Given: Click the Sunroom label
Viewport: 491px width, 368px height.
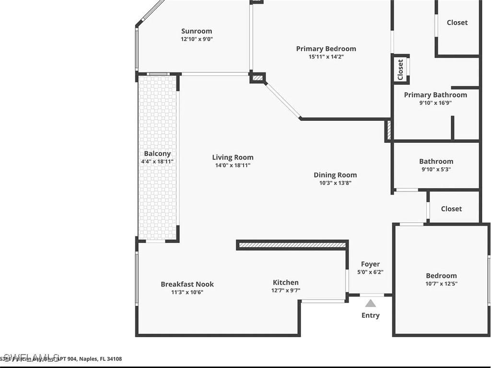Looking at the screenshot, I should (197, 32).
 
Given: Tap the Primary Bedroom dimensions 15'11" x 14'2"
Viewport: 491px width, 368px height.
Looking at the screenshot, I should (326, 57).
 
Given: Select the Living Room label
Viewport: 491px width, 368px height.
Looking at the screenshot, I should (233, 157).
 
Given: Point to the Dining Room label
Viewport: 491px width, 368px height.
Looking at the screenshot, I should (335, 175).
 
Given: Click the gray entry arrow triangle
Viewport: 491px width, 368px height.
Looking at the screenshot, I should (371, 303).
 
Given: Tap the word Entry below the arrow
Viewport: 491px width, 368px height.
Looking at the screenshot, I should (371, 315).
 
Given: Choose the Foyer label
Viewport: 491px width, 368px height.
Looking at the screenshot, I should (370, 264).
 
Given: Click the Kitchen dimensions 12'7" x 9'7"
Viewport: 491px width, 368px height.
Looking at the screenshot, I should (286, 290).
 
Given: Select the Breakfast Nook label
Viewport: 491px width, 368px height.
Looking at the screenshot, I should (187, 284).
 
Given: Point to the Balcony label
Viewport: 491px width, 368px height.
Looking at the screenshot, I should (157, 154).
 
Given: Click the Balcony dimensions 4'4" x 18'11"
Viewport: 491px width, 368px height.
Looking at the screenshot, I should (157, 162).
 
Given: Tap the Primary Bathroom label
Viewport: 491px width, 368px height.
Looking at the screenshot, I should (435, 95).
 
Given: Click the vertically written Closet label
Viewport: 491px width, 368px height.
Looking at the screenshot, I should (400, 69).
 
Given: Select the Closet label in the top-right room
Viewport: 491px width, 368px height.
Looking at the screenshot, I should (457, 23).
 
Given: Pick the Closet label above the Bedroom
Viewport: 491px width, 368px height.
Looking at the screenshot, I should (451, 209).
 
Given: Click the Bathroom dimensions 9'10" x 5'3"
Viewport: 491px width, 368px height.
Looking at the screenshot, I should (436, 169).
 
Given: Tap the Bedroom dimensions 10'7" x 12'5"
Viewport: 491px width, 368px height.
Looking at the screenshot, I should (441, 283).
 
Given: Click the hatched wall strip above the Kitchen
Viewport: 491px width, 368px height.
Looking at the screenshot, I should (292, 245).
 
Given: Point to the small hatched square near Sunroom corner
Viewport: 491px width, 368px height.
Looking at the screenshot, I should (257, 78).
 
